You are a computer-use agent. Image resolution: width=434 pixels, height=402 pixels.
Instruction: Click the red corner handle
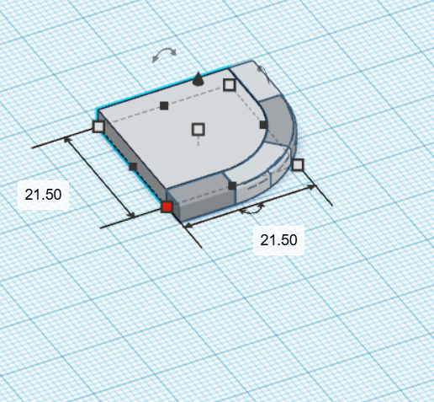167,206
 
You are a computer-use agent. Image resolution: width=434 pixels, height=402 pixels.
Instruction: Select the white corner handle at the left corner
98,126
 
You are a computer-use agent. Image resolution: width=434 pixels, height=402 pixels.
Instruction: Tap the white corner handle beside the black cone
229,84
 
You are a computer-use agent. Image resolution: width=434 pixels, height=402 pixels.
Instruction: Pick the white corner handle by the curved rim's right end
297,164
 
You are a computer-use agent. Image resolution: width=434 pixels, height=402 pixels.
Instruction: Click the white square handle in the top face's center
198,129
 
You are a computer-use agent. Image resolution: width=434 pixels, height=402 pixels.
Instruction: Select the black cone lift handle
198,79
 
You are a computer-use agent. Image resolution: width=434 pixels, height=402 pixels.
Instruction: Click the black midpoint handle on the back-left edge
164,105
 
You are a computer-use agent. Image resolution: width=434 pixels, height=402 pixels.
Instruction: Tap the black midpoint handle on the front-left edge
133,167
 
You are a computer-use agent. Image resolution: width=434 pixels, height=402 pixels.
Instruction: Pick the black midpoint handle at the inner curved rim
263,125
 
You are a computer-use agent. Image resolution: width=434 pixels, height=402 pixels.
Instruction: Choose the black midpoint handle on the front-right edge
232,185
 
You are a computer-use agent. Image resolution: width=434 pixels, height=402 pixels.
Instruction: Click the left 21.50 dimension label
43,195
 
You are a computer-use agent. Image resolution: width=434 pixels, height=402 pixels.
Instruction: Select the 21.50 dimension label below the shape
278,240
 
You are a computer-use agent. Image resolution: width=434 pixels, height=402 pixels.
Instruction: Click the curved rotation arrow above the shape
164,56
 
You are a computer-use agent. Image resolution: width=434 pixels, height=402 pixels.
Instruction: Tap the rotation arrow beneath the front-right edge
254,206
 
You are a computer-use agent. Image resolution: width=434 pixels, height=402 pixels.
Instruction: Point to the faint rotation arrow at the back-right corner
262,72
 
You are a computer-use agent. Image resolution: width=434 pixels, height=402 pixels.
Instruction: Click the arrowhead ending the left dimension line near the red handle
132,215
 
